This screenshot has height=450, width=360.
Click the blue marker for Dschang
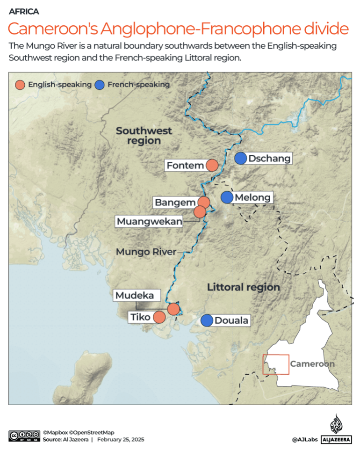[x=241, y=159]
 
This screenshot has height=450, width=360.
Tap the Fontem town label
[x=185, y=165]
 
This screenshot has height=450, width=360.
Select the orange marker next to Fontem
[x=212, y=165]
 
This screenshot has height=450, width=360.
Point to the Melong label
[x=252, y=197]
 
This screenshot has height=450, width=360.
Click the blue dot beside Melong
[x=227, y=197]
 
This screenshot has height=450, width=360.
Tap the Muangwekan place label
[x=149, y=221]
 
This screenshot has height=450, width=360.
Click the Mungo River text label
[x=146, y=252]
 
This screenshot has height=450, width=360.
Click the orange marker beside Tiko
[x=159, y=317]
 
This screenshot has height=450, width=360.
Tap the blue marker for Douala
[x=207, y=320]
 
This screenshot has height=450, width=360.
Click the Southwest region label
[x=144, y=136]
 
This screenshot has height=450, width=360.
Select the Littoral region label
[x=243, y=287]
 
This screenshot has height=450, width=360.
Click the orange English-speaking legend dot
[x=20, y=85]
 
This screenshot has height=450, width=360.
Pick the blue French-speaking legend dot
[x=100, y=85]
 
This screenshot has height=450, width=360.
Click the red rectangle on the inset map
[x=276, y=364]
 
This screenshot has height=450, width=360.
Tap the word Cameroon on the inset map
[x=312, y=363]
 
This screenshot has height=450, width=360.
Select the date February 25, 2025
[x=121, y=440]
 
